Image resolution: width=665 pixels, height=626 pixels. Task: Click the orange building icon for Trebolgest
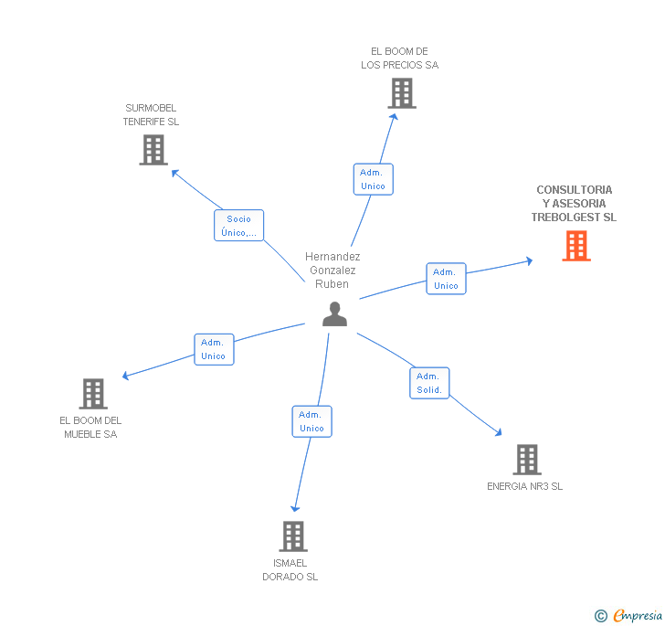[x=575, y=246]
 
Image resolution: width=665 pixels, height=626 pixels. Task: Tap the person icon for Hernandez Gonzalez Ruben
[x=335, y=314]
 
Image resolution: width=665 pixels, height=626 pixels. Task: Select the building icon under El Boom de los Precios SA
[x=401, y=93]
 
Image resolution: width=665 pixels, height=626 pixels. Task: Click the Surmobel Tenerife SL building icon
[x=153, y=150]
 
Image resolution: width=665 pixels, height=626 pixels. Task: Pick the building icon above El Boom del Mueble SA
[x=92, y=394]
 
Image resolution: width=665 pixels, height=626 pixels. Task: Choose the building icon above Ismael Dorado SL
[x=292, y=536]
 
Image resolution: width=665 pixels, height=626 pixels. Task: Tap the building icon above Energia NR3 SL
[x=526, y=460]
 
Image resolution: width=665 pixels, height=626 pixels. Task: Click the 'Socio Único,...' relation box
[x=239, y=226]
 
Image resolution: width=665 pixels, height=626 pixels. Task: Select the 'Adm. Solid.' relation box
[x=428, y=383]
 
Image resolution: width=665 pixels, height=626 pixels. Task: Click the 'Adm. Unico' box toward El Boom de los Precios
[x=373, y=179]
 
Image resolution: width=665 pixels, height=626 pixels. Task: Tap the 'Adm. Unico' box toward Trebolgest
[x=446, y=279]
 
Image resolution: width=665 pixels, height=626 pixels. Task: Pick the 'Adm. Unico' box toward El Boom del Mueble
[x=213, y=349]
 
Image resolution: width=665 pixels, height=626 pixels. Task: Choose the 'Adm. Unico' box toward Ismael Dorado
[x=311, y=421]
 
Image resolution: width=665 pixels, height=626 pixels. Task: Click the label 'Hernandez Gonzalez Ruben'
[x=332, y=271]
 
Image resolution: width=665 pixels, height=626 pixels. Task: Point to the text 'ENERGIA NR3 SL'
[x=524, y=486]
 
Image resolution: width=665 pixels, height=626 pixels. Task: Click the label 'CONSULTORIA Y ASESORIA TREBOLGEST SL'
[x=574, y=204]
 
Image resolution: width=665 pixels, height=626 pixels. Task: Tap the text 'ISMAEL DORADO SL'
[x=290, y=569]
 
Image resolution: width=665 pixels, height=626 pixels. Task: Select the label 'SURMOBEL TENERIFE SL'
[x=151, y=114]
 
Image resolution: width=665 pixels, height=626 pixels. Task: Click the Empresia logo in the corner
[x=629, y=615]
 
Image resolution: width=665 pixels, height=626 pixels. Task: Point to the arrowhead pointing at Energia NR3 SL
[x=499, y=433]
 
